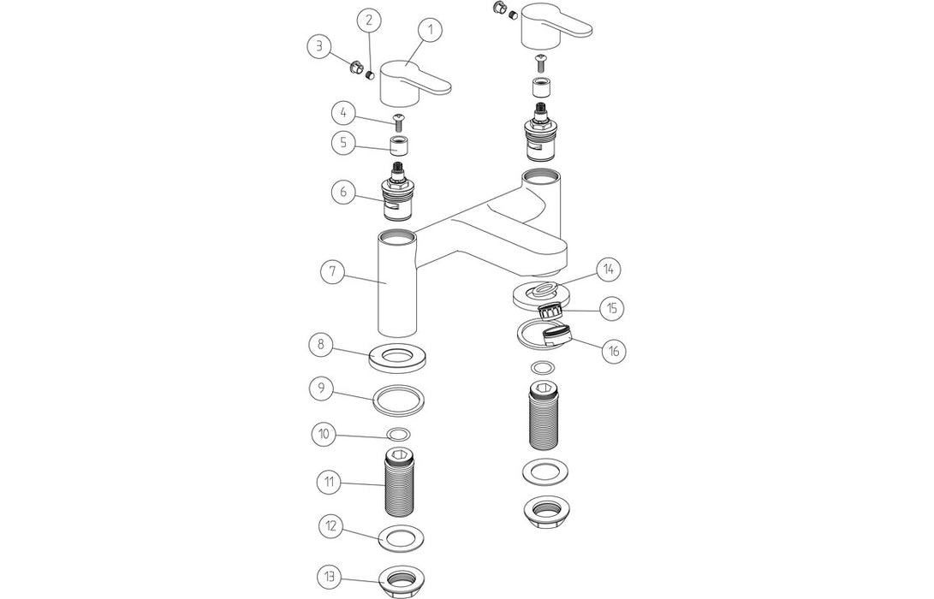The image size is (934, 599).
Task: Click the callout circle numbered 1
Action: coord(431,30)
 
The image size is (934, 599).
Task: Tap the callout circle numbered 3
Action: coord(320,48)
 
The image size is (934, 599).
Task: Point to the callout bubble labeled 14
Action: coord(609,269)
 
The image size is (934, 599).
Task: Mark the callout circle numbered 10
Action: coord(323,433)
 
